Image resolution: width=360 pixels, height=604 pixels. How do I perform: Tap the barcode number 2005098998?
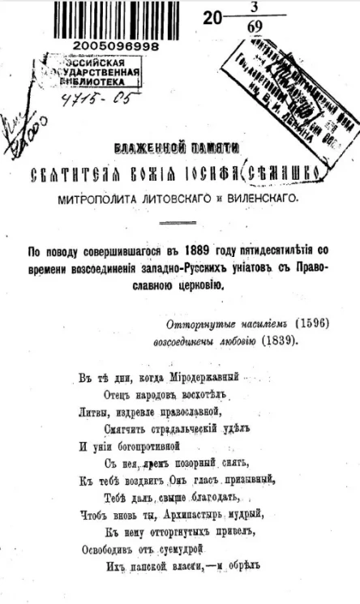[113, 47]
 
